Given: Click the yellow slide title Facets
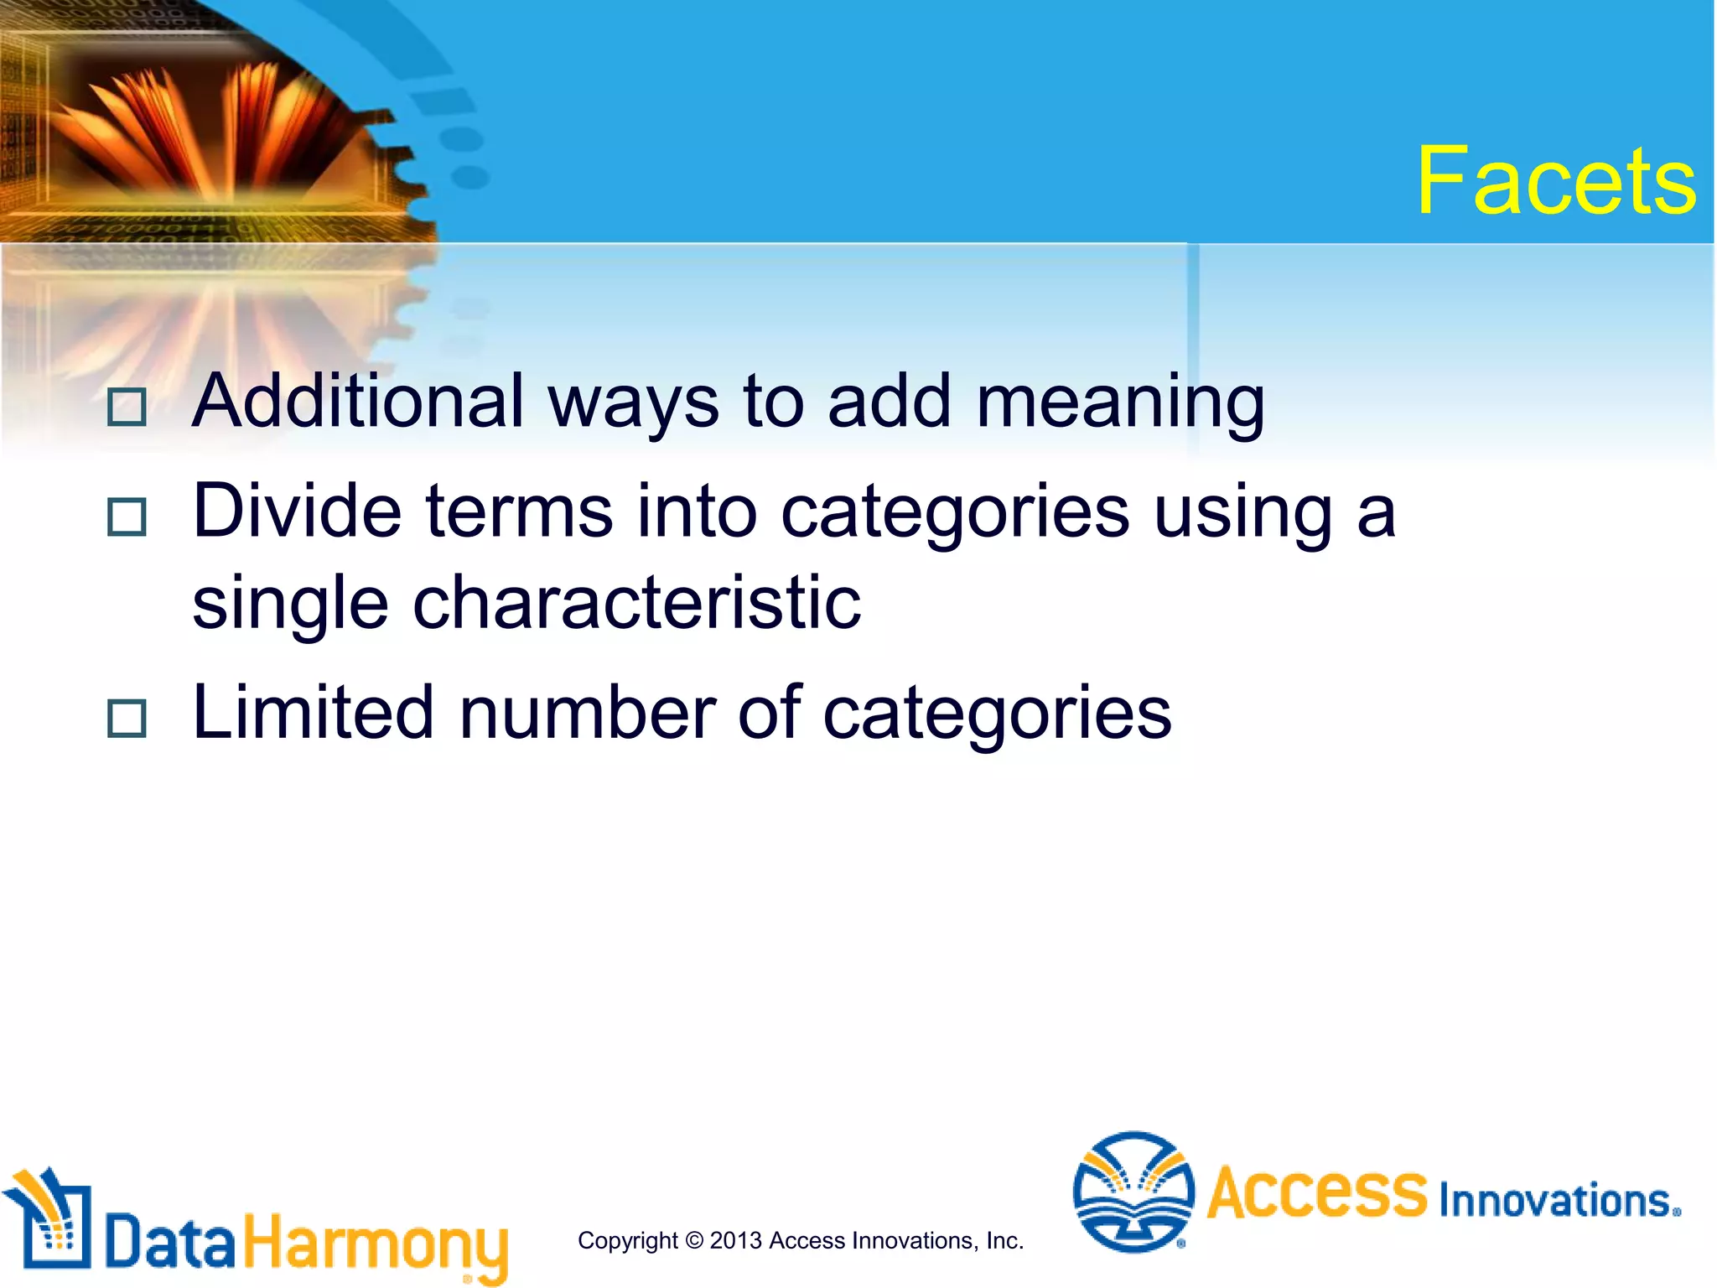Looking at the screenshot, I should tap(1556, 180).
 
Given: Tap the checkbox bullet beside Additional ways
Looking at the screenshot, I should tap(127, 407).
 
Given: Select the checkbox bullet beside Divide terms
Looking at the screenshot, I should tap(127, 517).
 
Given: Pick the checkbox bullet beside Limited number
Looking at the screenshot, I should tap(127, 718).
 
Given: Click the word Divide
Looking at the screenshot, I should tap(297, 511).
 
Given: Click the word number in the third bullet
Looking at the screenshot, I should tap(587, 713).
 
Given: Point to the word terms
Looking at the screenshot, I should tap(519, 512).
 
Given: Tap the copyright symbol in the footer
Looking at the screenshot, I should tap(693, 1240).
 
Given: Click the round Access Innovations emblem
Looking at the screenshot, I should tap(1133, 1192).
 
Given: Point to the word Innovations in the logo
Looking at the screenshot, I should tap(1556, 1200).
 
